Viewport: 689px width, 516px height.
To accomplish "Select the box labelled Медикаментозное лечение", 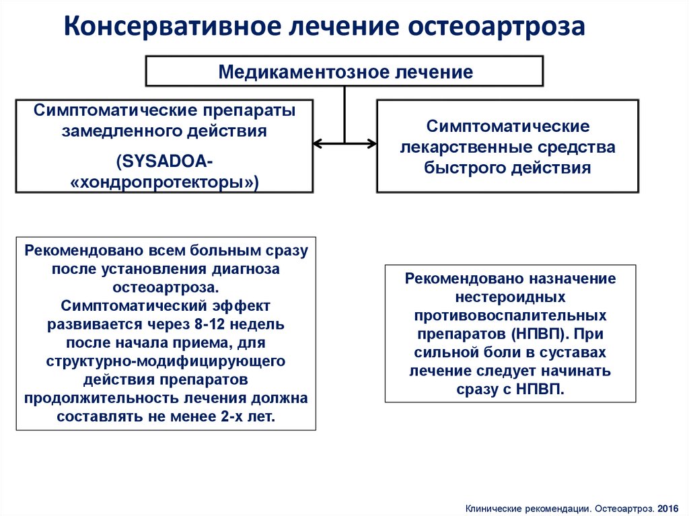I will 344,72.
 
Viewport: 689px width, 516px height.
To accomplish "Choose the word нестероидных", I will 510,296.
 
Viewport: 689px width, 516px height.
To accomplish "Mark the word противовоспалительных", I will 510,315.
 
